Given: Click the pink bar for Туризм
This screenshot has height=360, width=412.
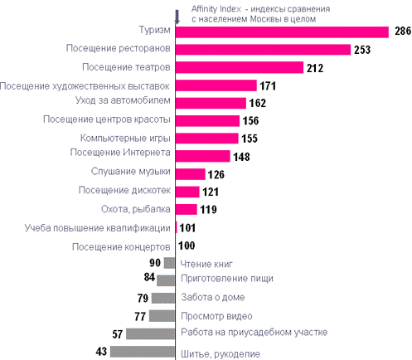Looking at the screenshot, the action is tap(282, 32).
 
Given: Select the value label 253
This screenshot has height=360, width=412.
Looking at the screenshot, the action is tap(362, 50).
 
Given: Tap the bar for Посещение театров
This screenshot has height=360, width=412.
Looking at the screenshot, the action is tap(240, 67).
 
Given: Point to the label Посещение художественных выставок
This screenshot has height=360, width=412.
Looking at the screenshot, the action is tap(85, 86).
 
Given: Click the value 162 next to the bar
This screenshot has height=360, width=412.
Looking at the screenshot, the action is tap(258, 103).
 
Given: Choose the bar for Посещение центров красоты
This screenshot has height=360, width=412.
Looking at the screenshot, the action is tap(207, 121).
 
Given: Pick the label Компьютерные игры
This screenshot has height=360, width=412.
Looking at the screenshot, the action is tap(125, 138).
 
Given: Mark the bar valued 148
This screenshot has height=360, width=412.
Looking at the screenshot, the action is tap(203, 156).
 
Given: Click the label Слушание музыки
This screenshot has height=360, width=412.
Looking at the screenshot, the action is tap(131, 172).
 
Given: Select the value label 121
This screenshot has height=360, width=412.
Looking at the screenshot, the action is tap(211, 192).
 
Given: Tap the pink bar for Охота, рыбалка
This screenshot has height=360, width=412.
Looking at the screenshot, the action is tap(187, 209).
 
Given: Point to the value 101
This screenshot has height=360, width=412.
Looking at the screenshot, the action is tap(187, 228).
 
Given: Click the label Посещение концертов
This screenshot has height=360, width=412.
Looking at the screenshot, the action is tap(121, 247).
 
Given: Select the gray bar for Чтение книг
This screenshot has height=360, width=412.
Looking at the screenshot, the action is tap(169, 263).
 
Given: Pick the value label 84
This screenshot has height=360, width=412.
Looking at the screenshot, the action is tap(149, 277).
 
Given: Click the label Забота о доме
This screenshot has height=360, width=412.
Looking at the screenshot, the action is tap(213, 297).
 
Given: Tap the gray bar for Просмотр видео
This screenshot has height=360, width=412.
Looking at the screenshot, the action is tap(162, 316).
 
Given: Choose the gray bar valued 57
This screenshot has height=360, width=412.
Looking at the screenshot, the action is tap(151, 333).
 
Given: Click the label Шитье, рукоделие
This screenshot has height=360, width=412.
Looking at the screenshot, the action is tap(221, 354).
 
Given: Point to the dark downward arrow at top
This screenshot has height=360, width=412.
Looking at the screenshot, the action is tap(177, 17).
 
